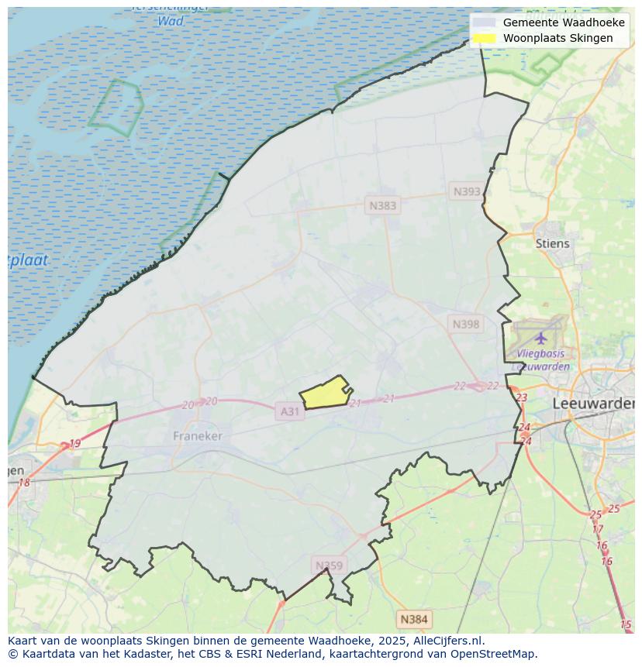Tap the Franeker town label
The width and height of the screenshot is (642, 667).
[x=198, y=436]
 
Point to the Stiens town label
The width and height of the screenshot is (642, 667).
[x=552, y=243]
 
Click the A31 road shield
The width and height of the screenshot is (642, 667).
[x=289, y=411]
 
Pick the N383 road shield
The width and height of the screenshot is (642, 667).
[x=382, y=205]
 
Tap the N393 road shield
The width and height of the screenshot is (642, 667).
[x=467, y=191]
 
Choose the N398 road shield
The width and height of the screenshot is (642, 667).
[x=465, y=324]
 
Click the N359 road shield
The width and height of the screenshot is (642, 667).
[x=328, y=566]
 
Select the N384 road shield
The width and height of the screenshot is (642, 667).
[x=413, y=619]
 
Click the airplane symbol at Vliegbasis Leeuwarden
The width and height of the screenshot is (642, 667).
[x=540, y=338]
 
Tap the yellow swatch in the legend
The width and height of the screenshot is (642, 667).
[x=484, y=38]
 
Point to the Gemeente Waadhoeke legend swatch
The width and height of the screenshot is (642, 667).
[x=484, y=22]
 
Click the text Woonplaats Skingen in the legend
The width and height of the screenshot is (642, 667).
[x=557, y=38]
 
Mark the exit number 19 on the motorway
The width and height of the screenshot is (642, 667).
[x=74, y=444]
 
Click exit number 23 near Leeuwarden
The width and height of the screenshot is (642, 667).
[x=521, y=397]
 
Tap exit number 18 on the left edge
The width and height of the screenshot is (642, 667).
[x=24, y=483]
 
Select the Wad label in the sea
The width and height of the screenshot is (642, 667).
[x=171, y=21]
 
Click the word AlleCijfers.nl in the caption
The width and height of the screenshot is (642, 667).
[x=448, y=641]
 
